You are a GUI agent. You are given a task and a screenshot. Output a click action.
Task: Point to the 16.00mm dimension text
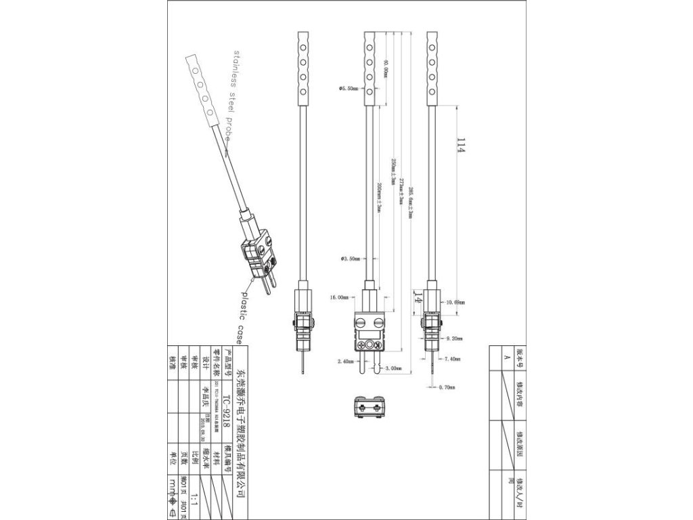click(338, 297)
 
